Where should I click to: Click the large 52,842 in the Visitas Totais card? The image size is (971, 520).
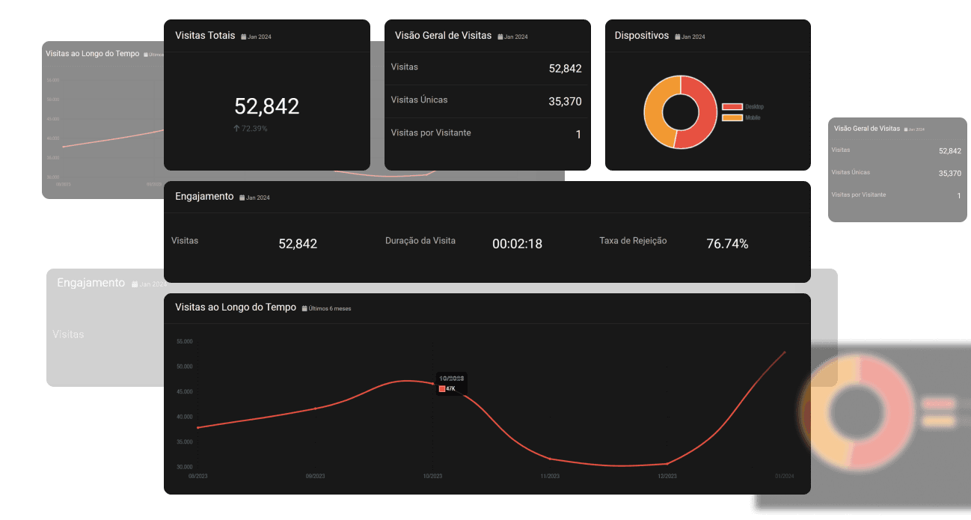[x=266, y=106]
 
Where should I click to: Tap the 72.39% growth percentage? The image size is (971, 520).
[x=254, y=129]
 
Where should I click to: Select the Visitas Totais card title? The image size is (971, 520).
[x=205, y=35]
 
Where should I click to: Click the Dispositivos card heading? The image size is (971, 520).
[x=642, y=35]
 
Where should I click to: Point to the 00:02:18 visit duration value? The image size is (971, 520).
[x=517, y=243]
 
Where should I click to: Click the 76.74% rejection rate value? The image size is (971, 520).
[x=727, y=243]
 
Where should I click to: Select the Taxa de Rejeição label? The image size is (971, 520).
[x=633, y=241]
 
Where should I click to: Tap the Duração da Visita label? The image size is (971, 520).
[x=420, y=241]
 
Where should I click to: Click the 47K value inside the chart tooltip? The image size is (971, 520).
[x=450, y=388]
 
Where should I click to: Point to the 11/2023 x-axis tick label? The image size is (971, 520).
[x=550, y=477]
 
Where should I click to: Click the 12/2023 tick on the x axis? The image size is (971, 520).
[x=667, y=477]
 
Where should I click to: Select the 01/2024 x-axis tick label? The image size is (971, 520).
[x=784, y=477]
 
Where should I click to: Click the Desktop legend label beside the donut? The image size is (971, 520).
[x=754, y=107]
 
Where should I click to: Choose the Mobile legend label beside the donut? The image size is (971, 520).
[x=753, y=117]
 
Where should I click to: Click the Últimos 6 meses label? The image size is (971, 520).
[x=330, y=308]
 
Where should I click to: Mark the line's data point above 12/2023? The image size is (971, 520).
[x=667, y=464]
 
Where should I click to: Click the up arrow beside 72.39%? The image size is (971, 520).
[x=237, y=129]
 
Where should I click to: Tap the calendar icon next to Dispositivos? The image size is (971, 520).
[x=678, y=37]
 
